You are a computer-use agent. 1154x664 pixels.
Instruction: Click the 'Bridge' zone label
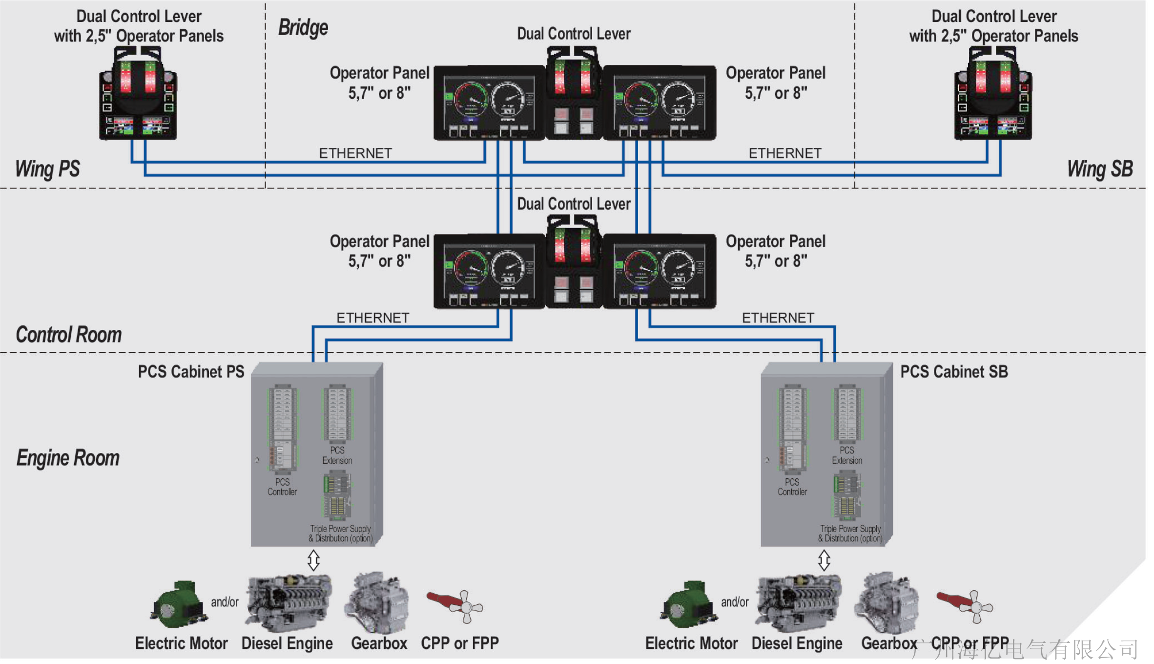pyautogui.click(x=303, y=28)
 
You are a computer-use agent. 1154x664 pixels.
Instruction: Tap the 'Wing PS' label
pyautogui.click(x=47, y=169)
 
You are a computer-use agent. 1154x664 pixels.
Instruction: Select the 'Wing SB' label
pyautogui.click(x=1099, y=169)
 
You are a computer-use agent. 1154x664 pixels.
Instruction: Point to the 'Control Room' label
pyautogui.click(x=68, y=335)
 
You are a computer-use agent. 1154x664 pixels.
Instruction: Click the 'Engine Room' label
pyautogui.click(x=68, y=458)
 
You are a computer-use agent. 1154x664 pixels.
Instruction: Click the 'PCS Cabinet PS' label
pyautogui.click(x=191, y=372)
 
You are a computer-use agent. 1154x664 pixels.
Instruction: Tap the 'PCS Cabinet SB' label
pyautogui.click(x=954, y=372)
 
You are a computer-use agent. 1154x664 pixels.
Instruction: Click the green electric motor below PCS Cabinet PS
pyautogui.click(x=177, y=605)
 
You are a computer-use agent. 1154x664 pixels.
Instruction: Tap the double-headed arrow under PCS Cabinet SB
pyautogui.click(x=824, y=560)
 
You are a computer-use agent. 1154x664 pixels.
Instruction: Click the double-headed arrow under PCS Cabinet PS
pyautogui.click(x=313, y=560)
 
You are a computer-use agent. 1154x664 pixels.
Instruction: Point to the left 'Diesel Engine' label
pyautogui.click(x=287, y=643)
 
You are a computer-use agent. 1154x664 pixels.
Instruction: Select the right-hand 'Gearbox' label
pyautogui.click(x=889, y=643)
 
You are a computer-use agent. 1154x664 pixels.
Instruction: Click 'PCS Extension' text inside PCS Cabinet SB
pyautogui.click(x=847, y=455)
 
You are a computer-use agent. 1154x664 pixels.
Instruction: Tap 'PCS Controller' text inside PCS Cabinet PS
pyautogui.click(x=282, y=487)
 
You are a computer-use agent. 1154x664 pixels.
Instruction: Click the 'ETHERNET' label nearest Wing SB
pyautogui.click(x=785, y=153)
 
